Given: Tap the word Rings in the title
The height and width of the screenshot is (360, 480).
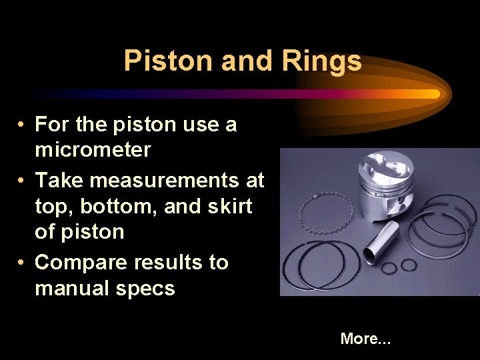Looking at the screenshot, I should click(x=322, y=61).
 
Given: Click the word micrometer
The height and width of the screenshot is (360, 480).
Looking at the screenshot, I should click(x=93, y=150).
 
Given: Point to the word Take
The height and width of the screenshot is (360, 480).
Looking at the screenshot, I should click(x=61, y=180).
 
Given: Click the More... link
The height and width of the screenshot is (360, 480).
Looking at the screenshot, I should click(x=365, y=339).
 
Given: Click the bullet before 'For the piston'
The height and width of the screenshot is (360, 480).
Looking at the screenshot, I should click(x=22, y=125).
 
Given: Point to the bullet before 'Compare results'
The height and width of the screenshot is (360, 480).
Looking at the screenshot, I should click(x=22, y=263).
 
